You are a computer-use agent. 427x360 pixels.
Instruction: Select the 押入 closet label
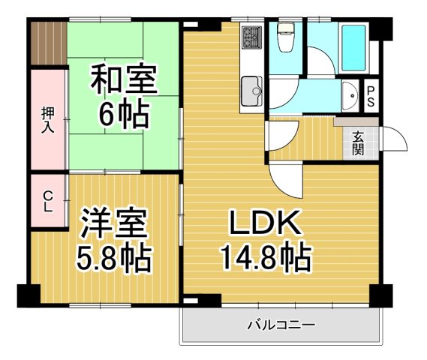coord(47,119)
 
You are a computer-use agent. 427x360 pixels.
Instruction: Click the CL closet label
coord(47,202)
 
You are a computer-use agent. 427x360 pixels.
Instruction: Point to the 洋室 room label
coord(113,223)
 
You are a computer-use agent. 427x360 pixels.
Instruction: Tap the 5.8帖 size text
coord(113,259)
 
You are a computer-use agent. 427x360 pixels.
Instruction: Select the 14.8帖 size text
coord(265,259)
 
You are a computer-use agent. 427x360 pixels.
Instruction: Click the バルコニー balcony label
coord(281,325)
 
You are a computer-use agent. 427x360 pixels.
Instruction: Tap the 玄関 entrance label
coord(359,142)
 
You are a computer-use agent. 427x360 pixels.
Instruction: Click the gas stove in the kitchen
coord(250,37)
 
